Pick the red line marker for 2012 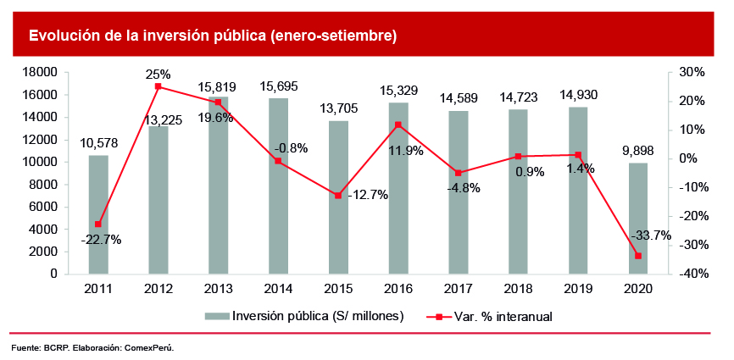coord(158,86)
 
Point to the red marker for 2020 coord(638,256)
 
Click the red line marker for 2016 coord(398,125)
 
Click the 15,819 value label coord(217,86)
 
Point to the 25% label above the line coord(158,74)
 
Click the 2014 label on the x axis coord(278,290)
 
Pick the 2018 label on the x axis coord(519,290)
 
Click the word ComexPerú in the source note coord(152,348)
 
